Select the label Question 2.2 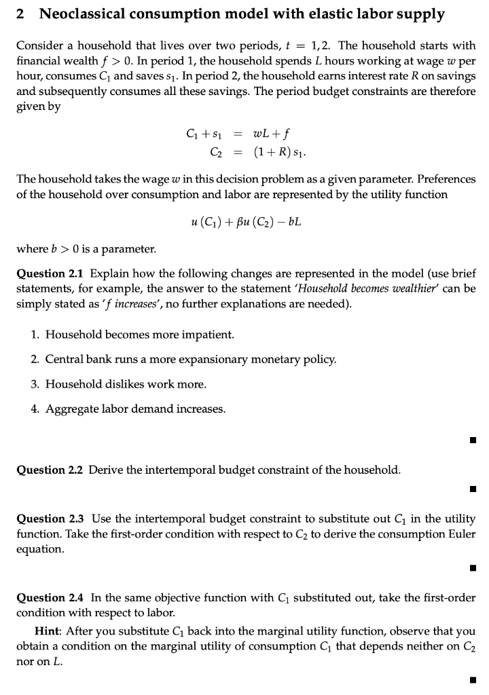[x=50, y=470]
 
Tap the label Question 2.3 [x=50, y=519]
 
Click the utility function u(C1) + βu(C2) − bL [x=246, y=221]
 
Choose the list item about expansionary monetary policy [x=183, y=359]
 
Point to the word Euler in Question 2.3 [x=462, y=535]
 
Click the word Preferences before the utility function [x=450, y=179]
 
